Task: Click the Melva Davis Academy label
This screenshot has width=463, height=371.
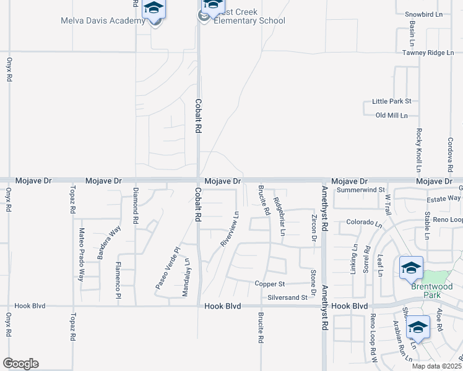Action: pos(103,20)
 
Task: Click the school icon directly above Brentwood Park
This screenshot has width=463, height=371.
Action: pos(411,267)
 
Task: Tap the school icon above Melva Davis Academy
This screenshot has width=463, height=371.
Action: pos(154,8)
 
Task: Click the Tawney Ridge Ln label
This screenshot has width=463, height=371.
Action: pos(432,53)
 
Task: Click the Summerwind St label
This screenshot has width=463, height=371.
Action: pos(361,190)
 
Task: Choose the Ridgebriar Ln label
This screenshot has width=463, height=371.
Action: pos(280,217)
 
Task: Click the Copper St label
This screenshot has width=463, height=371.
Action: pos(269,284)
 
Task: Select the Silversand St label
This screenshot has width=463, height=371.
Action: pos(287,297)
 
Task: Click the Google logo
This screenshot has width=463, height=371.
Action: pos(20,364)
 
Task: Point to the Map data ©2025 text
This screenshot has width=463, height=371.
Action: pos(436,365)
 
